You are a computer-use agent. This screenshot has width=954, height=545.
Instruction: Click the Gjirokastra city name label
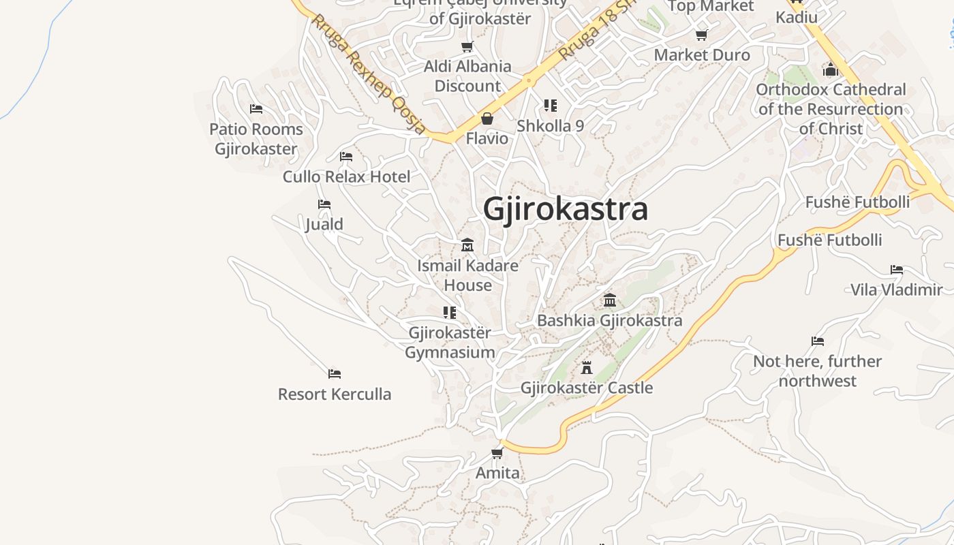[565, 209]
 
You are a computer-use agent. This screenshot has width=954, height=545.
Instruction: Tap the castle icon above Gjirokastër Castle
[586, 368]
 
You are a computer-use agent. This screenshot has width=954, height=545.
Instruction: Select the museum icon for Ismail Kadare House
[467, 245]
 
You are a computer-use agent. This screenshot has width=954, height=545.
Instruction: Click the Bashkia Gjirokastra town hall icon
[610, 300]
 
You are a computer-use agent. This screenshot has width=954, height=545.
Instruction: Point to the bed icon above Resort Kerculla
[335, 374]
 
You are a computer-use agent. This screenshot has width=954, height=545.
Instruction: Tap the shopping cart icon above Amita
[497, 453]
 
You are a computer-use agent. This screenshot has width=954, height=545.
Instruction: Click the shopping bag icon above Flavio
[487, 119]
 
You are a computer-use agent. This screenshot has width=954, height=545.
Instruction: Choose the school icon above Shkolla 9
[551, 106]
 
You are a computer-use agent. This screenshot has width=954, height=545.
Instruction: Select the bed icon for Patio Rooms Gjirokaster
[256, 109]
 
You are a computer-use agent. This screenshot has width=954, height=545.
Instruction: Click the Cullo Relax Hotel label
[347, 177]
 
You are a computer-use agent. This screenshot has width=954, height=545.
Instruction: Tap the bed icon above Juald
[324, 204]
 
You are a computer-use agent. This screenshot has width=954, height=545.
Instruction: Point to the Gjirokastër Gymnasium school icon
[450, 313]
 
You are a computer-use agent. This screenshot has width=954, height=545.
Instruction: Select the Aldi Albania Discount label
[467, 76]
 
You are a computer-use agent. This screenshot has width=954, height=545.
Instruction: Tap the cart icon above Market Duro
[702, 35]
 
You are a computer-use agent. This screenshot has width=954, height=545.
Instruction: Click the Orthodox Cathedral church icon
[830, 69]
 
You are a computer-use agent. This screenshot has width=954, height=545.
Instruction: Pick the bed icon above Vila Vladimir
[897, 270]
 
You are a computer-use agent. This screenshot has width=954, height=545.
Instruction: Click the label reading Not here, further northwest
[817, 371]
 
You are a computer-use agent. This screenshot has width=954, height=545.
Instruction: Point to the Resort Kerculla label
[335, 394]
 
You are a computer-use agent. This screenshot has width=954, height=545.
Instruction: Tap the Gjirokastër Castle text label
[587, 388]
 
